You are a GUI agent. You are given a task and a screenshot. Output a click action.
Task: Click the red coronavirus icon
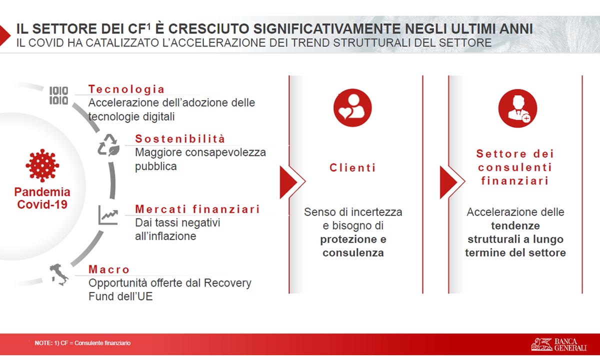pos(42,165)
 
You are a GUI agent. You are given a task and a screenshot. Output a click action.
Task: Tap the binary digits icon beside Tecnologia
pos(58,95)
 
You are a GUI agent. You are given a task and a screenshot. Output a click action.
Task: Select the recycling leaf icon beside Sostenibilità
pos(108,145)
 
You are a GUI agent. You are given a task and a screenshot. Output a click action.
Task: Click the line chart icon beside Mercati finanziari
pos(108,215)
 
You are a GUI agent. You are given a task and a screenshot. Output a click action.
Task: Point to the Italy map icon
pos(58,274)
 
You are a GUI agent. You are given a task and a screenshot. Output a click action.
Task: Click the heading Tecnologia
pos(126,89)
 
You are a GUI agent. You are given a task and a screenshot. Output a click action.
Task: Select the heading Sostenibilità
pos(180,139)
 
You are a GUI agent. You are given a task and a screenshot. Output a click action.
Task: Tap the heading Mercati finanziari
pos(197,209)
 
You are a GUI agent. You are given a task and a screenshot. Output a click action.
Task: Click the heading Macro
pos(109,269)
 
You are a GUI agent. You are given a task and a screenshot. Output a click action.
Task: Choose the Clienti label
pos(353,168)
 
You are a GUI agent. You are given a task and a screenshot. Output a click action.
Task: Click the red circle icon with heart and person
pos(352,107)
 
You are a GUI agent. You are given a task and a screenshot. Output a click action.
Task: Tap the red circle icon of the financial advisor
pos(517,108)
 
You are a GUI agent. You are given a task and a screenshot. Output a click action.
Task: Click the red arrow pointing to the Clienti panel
pos(292,182)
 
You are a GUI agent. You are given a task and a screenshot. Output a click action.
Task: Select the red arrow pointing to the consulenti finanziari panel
pos(452,182)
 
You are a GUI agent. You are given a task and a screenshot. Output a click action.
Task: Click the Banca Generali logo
pos(559,344)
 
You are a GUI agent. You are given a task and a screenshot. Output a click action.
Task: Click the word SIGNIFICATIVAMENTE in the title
pos(327,29)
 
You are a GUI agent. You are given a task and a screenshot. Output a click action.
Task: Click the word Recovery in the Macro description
pos(227,283)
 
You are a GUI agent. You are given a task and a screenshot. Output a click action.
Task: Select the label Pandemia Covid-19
pos(42,198)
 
